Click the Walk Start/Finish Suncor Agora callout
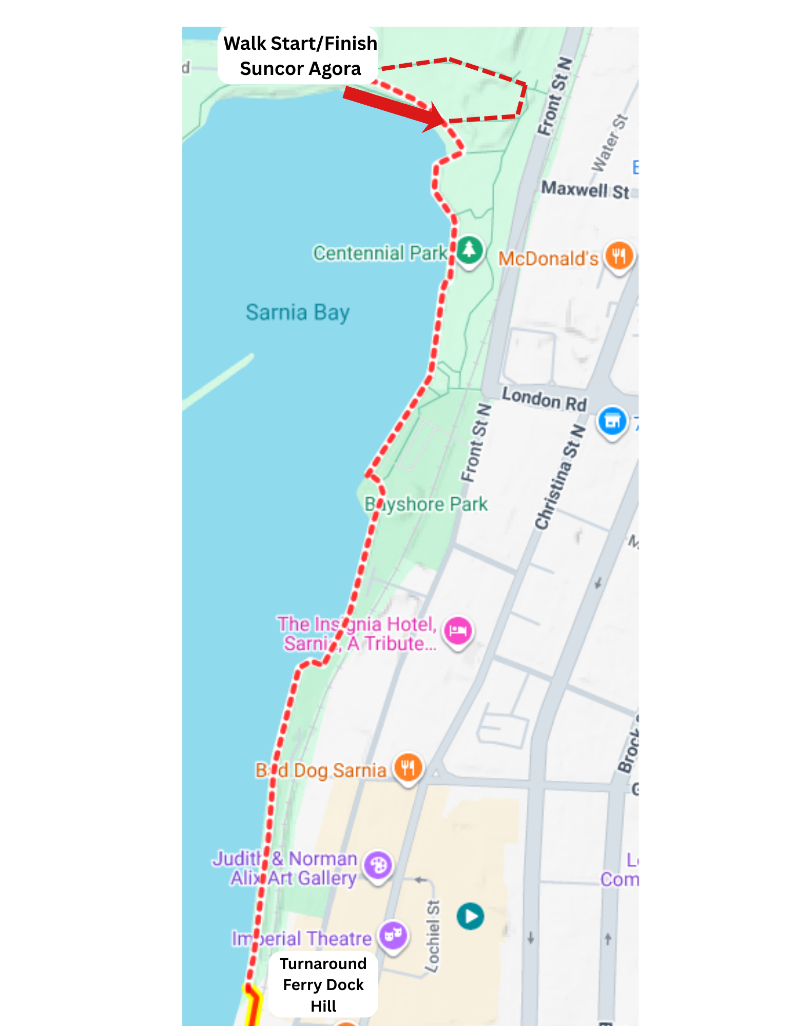pyautogui.click(x=300, y=56)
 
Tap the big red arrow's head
pyautogui.click(x=436, y=119)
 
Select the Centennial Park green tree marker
pyautogui.click(x=469, y=250)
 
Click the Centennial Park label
pyautogui.click(x=380, y=253)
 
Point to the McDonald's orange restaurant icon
pyautogui.click(x=619, y=256)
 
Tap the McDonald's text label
pyautogui.click(x=548, y=259)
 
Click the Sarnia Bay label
pyautogui.click(x=298, y=313)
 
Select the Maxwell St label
pyautogui.click(x=585, y=190)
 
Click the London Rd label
pyautogui.click(x=544, y=399)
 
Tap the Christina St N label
pyautogui.click(x=560, y=477)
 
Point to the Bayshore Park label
pyautogui.click(x=426, y=505)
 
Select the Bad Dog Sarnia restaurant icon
pyautogui.click(x=408, y=768)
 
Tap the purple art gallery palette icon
pyautogui.click(x=378, y=865)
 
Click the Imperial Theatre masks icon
pyautogui.click(x=393, y=935)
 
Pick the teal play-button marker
pyautogui.click(x=470, y=916)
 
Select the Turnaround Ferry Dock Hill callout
pyautogui.click(x=323, y=984)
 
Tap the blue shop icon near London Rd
pyautogui.click(x=612, y=421)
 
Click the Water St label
pyautogui.click(x=609, y=143)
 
